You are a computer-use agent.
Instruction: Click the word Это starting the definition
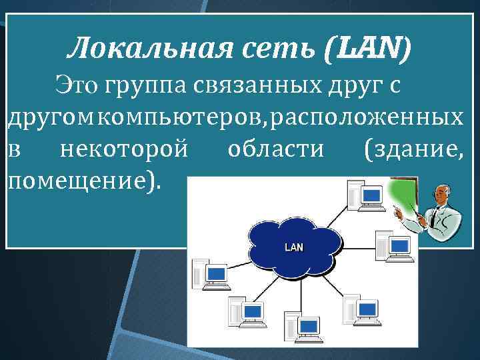coord(77,86)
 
